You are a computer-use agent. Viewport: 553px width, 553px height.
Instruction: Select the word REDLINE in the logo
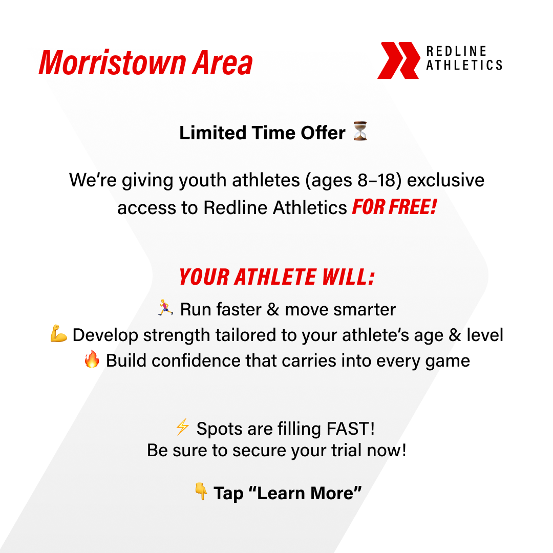(456, 52)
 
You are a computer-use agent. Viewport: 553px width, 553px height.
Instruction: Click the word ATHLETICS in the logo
(464, 65)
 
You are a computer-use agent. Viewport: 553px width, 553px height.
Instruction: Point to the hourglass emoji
(360, 132)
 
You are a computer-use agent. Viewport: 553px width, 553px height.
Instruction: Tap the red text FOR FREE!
(394, 207)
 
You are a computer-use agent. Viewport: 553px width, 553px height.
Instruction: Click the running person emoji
(165, 309)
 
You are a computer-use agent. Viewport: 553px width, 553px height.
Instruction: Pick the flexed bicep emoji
(59, 335)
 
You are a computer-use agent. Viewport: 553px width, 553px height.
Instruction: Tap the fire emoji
(92, 360)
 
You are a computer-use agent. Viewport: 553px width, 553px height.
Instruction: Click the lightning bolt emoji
(182, 428)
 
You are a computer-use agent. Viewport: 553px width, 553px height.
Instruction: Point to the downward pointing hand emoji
(201, 493)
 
